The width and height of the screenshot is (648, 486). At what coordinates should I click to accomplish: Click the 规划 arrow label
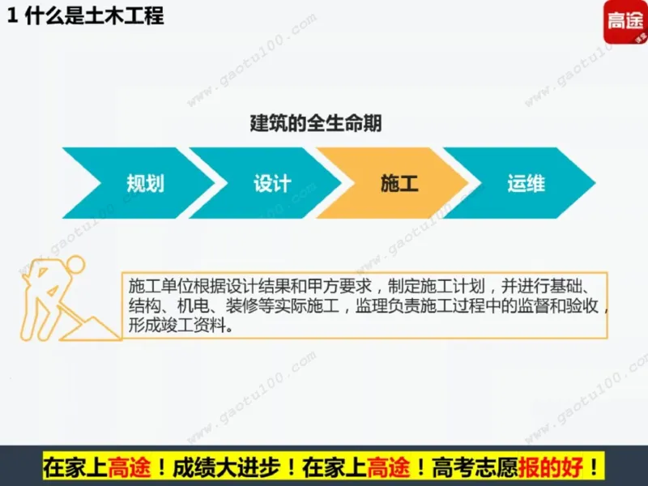(145, 184)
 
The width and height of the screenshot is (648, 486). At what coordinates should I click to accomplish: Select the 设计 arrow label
(272, 184)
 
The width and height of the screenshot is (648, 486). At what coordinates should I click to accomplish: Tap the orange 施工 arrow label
(399, 184)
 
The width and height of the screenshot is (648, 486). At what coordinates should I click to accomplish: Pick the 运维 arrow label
(526, 184)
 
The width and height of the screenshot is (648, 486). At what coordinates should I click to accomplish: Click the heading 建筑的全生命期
(316, 124)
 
